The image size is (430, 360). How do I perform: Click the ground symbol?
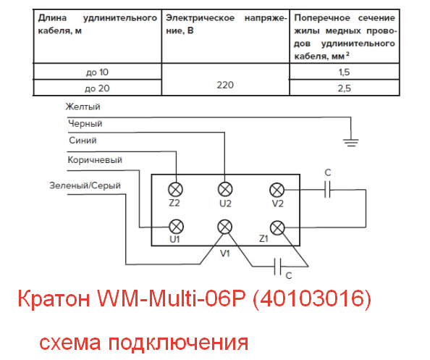[351, 143]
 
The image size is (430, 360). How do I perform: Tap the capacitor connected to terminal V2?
[327, 189]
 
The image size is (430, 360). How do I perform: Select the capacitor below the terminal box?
[277, 266]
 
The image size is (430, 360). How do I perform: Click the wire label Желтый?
[83, 106]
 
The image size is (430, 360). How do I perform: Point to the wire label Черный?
[85, 123]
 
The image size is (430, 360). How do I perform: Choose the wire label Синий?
[83, 141]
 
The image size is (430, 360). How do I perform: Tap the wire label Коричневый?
[95, 159]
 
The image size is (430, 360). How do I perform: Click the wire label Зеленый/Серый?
[85, 185]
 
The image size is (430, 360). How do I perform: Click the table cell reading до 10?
[97, 72]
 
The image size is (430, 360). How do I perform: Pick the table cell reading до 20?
[97, 88]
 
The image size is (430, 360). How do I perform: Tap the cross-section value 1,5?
[344, 72]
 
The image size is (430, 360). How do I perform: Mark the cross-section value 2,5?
[344, 88]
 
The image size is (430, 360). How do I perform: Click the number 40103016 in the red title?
[311, 298]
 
